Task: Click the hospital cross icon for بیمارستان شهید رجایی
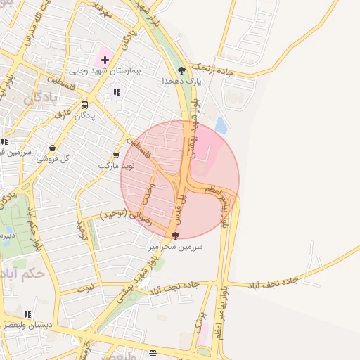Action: pos(105,60)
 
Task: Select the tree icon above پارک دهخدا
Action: pos(181,70)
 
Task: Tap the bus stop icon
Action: pos(84,105)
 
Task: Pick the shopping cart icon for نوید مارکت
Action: pos(116,155)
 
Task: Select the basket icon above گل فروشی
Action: pos(52,148)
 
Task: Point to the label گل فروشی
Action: pos(55,159)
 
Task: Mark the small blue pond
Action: pos(221,126)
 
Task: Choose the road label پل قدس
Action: pos(181,199)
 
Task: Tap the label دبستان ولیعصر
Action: pos(28,325)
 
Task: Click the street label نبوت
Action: pos(85,288)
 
